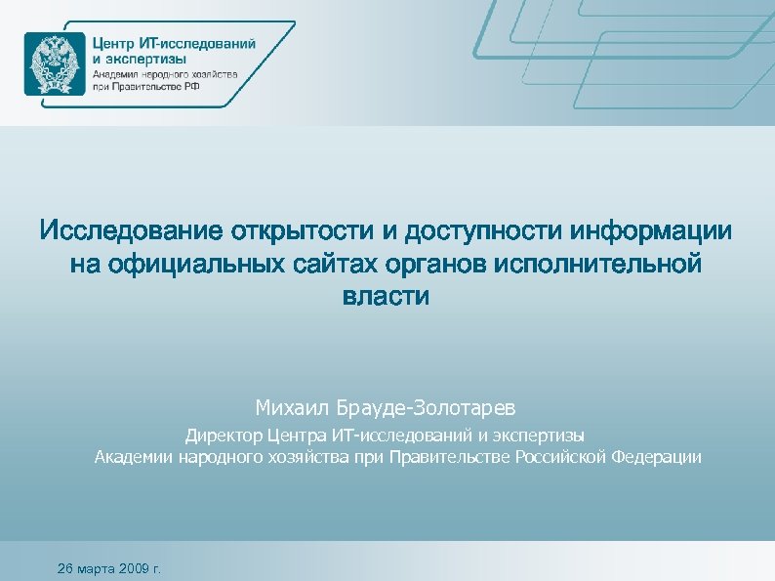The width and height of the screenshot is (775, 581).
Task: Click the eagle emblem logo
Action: pos(54,63)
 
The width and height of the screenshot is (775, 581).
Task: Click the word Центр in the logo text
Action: pos(114,43)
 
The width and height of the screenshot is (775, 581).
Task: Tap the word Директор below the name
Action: pos(217,436)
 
